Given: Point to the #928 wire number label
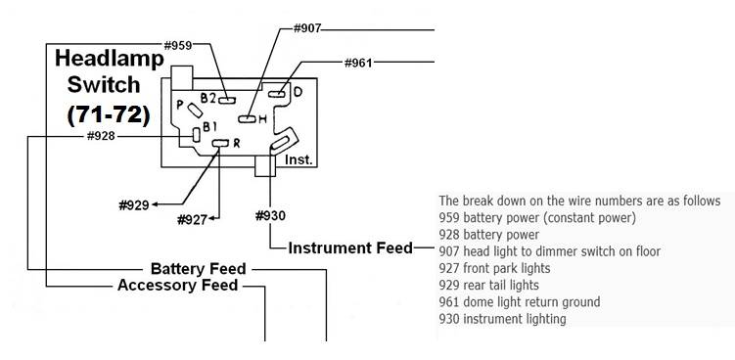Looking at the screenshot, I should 101,136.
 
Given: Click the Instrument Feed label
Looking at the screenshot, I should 350,248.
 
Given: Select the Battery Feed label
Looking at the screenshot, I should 198,268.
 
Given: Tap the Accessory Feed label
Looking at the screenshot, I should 177,286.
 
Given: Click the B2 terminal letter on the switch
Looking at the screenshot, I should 207,98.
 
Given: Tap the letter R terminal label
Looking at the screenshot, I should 236,144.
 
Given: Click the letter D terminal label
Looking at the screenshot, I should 299,92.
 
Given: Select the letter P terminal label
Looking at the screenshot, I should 179,103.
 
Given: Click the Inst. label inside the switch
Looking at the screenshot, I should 298,159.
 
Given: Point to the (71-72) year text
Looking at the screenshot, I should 108,114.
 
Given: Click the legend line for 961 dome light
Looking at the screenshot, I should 520,302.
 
